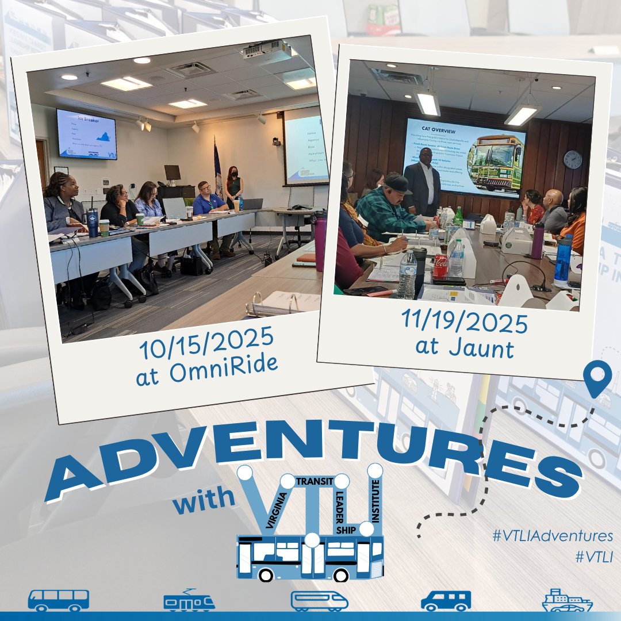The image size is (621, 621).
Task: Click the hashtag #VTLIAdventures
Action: click(x=553, y=536)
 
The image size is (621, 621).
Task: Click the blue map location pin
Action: click(x=596, y=377)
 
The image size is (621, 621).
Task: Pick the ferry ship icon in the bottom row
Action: click(x=567, y=600)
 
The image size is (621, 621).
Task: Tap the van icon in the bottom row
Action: click(x=446, y=601)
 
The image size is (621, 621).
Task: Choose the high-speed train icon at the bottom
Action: click(x=319, y=601)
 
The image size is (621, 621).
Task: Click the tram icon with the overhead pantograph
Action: click(x=189, y=600)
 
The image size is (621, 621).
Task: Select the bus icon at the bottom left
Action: click(x=59, y=600)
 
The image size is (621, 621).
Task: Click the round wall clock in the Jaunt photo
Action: click(x=572, y=159)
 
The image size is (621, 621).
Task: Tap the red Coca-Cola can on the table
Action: click(x=440, y=266)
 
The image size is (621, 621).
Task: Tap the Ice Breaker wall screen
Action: click(x=87, y=133)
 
